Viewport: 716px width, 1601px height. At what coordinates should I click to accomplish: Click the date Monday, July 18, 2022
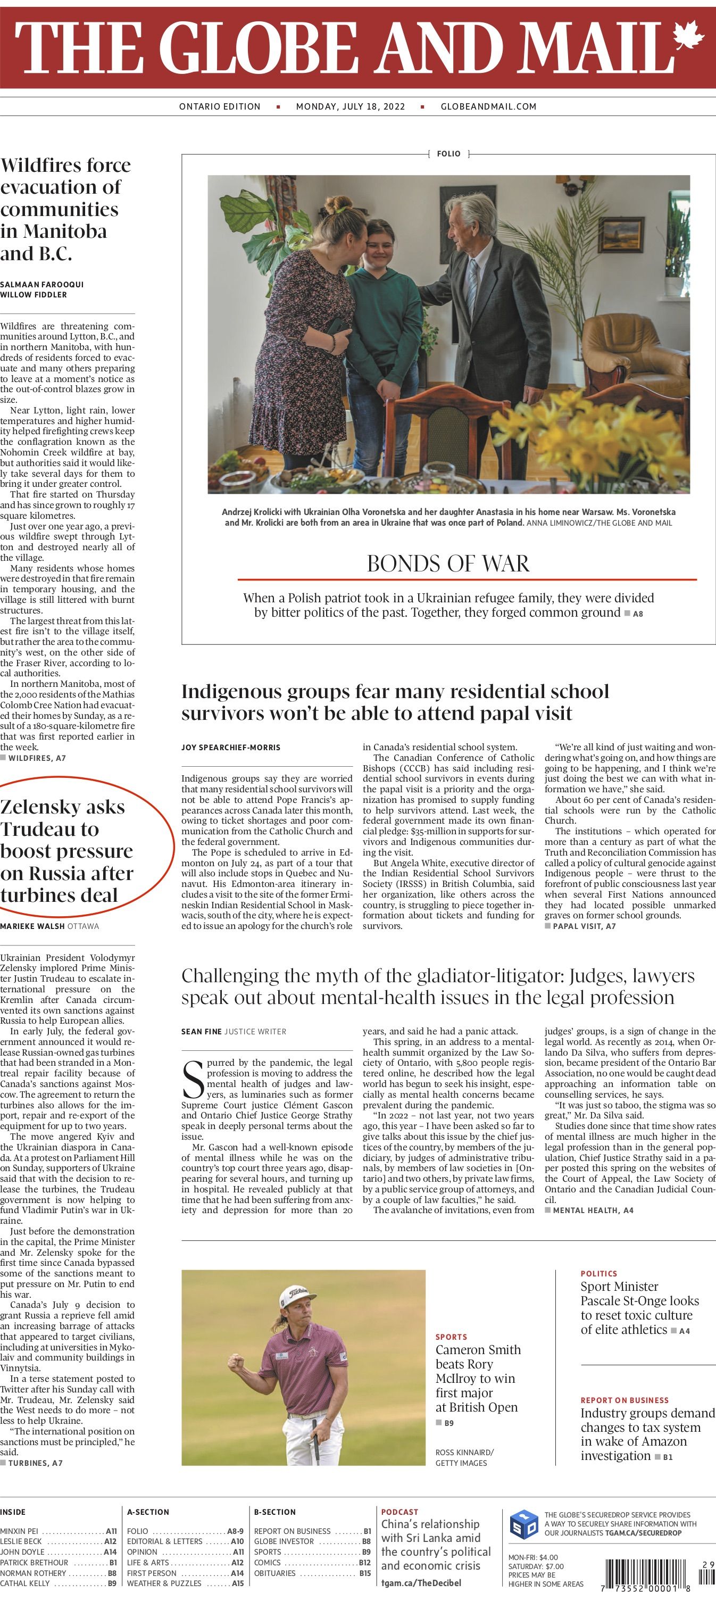pos(350,106)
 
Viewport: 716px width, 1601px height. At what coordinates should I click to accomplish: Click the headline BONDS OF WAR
pos(448,563)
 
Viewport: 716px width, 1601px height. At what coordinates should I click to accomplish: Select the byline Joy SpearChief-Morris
pos(230,747)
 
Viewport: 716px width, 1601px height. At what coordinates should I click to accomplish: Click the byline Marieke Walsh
pos(32,926)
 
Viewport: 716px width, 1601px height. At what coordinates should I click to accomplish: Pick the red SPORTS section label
pos(451,1337)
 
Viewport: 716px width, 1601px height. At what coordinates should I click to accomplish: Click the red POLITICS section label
pos(598,1273)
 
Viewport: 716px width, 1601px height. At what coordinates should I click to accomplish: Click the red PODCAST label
pos(399,1512)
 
